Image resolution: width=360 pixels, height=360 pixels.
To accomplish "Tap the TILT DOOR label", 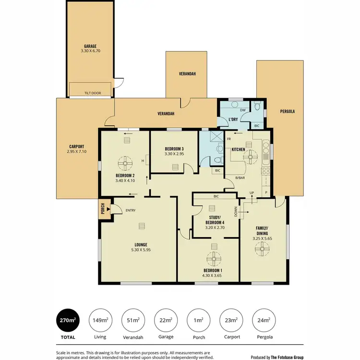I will [x=93, y=93].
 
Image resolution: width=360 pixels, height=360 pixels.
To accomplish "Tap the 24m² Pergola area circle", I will [x=263, y=321].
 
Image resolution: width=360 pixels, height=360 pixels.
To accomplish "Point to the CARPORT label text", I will [x=77, y=146].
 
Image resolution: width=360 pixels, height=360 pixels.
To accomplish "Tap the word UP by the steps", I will [x=251, y=193].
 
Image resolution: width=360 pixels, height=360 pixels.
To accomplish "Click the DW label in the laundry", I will [x=243, y=110].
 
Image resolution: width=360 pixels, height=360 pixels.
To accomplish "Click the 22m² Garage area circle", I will [x=166, y=321].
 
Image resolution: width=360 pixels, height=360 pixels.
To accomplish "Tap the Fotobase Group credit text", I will [x=277, y=357].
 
